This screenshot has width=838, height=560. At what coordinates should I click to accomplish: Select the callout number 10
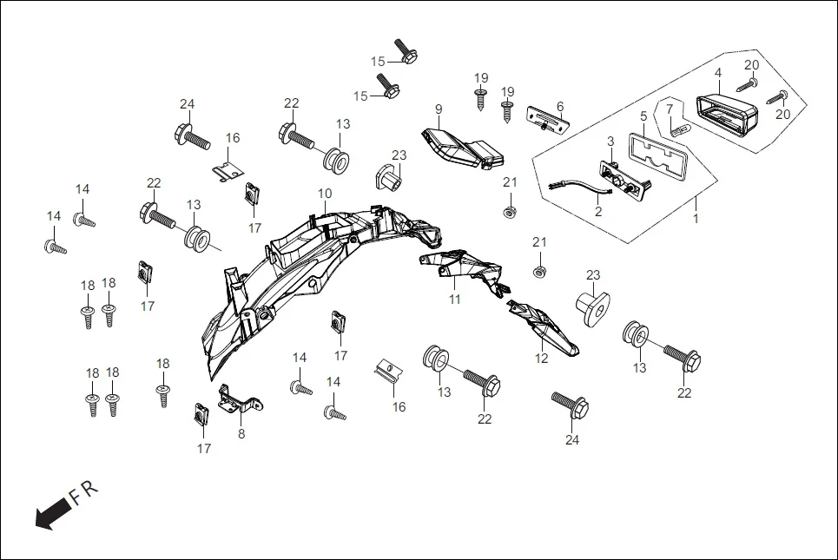[324, 193]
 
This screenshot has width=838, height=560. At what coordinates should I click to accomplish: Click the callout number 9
[439, 109]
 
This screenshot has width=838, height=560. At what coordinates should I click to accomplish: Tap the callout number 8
[241, 433]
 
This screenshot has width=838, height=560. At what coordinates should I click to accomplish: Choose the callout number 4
[718, 73]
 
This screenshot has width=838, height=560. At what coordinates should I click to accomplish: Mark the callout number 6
[560, 106]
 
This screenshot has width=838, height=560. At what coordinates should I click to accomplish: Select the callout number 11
[455, 300]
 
